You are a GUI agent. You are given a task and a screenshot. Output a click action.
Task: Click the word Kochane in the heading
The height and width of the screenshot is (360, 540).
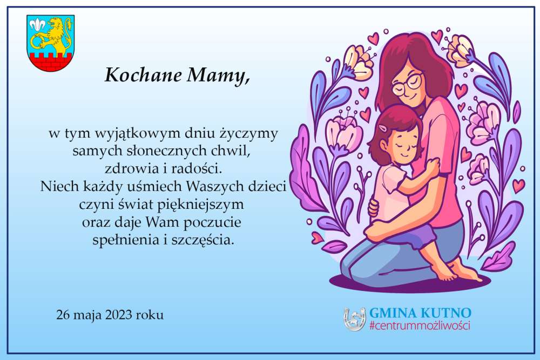pyautogui.click(x=143, y=74)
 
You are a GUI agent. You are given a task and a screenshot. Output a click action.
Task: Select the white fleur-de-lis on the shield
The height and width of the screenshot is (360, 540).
pyautogui.click(x=37, y=24)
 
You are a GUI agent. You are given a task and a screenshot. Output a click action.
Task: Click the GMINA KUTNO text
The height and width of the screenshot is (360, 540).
pyautogui.click(x=420, y=313)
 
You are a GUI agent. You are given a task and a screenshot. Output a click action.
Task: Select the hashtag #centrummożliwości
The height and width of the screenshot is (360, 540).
pyautogui.click(x=420, y=325)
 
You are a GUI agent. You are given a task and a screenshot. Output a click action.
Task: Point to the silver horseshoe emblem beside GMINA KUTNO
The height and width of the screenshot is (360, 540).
pyautogui.click(x=354, y=318)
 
